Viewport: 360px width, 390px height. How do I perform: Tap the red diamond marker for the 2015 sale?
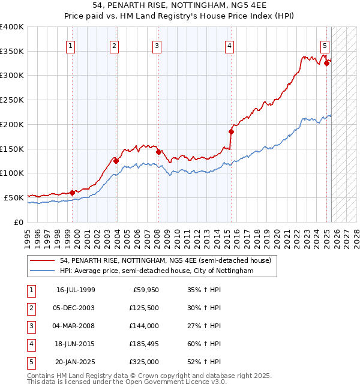(231, 131)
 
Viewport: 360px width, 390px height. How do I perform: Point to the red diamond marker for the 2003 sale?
(116, 161)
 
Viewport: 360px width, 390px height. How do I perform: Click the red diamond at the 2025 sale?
(326, 62)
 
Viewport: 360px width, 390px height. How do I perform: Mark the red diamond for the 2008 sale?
(158, 152)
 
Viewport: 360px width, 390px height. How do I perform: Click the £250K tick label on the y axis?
(12, 100)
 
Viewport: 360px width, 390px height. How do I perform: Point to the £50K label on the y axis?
(14, 197)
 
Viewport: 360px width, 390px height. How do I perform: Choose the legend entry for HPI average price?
(157, 271)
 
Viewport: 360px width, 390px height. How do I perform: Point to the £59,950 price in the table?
(145, 290)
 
